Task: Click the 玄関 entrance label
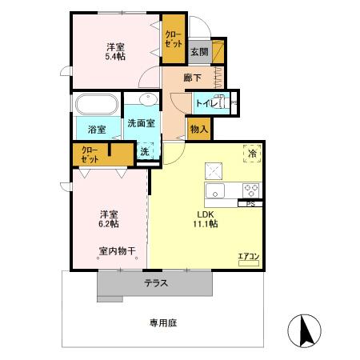pos(198,52)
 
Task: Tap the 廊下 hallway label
pos(192,78)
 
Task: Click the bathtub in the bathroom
pos(97,106)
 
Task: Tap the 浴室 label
pos(97,129)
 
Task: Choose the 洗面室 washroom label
pos(141,123)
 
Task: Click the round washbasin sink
pos(147,100)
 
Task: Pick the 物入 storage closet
pos(198,128)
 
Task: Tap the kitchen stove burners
pos(250,191)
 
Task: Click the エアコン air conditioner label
pos(248,257)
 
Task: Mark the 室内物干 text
pos(117,251)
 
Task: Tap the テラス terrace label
pos(156,284)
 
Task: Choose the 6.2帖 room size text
pos(110,226)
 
